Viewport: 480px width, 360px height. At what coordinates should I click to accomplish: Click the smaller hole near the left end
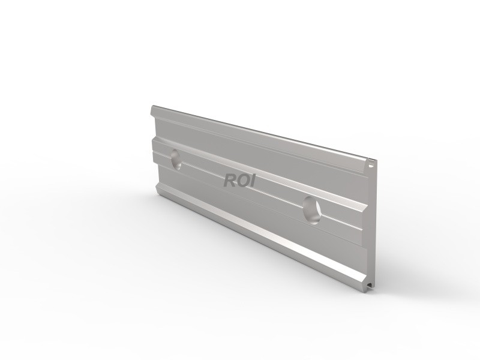click(176, 160)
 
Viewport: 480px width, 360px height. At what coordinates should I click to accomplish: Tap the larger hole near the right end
click(311, 209)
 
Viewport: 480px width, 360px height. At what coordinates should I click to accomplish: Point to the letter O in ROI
click(242, 180)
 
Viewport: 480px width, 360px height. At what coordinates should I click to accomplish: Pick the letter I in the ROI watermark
click(252, 180)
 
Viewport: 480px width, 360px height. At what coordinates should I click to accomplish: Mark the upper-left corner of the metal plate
click(151, 108)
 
